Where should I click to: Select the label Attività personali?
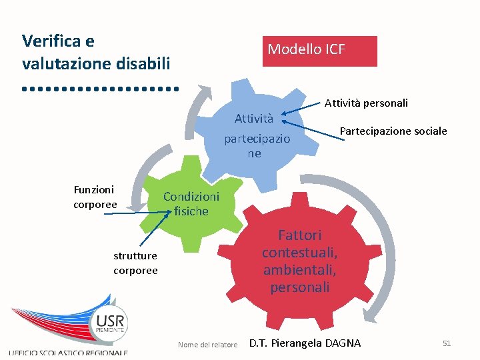coord(366,103)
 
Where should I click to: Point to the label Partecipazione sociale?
coord(393,131)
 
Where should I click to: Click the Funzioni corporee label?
coord(95,197)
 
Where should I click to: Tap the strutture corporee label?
coord(135,263)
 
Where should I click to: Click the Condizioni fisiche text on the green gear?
coord(191,203)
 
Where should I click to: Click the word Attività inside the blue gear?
coord(253,119)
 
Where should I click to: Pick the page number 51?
coord(447,343)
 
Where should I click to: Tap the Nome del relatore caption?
coord(207,345)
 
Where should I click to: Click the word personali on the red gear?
coord(299,287)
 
